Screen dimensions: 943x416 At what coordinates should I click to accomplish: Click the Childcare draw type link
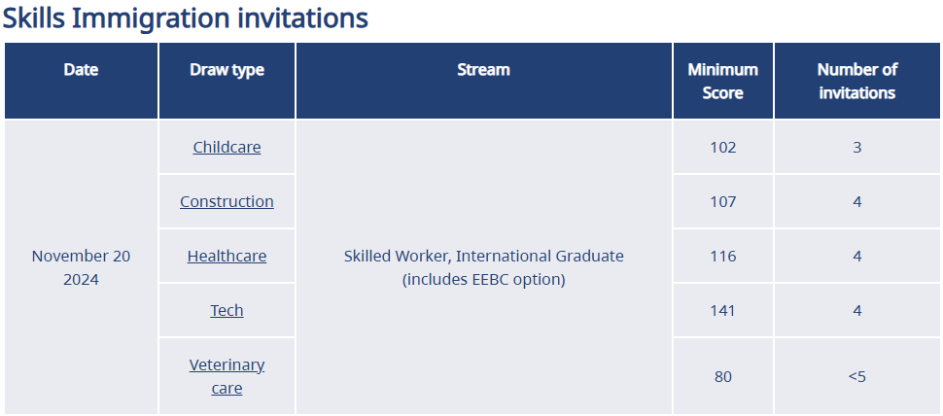(227, 148)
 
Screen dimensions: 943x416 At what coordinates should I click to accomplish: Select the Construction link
(227, 201)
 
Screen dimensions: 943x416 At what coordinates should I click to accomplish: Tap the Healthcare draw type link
(227, 256)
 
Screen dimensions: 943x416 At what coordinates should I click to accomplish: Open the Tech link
(227, 310)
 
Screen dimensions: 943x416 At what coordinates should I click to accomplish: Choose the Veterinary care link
(227, 376)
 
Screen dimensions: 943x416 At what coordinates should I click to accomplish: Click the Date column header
(82, 70)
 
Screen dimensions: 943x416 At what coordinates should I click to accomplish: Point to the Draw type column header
(227, 70)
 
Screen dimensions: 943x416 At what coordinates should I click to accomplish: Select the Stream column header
(483, 70)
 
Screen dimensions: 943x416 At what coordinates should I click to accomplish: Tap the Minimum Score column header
(723, 81)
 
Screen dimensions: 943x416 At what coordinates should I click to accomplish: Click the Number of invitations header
(857, 81)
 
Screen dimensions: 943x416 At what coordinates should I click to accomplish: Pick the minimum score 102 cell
(723, 148)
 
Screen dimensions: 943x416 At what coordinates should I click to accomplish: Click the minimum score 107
(723, 201)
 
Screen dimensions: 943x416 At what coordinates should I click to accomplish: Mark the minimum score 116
(723, 256)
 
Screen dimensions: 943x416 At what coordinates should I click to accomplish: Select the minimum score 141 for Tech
(723, 310)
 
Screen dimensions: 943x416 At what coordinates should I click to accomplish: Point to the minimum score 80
(723, 376)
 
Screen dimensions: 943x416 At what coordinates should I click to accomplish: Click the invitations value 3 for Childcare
(857, 148)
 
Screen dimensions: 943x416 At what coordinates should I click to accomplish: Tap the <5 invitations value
(857, 376)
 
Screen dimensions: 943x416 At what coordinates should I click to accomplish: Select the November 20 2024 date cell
(82, 267)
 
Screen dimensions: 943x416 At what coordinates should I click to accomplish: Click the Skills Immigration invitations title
(186, 18)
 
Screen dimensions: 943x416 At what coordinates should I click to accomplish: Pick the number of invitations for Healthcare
(857, 256)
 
